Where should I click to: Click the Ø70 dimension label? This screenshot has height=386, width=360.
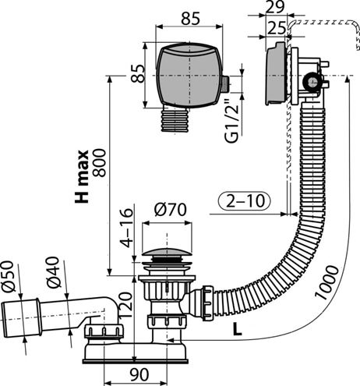click(x=171, y=210)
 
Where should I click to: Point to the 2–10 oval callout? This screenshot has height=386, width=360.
click(x=244, y=201)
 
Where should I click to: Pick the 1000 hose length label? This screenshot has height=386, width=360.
click(x=326, y=282)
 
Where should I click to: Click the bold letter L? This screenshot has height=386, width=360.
click(x=237, y=329)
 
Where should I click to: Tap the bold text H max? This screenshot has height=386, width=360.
click(x=82, y=176)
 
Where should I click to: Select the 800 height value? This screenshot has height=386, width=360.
click(x=100, y=163)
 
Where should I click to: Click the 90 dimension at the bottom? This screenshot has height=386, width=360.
click(x=139, y=374)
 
